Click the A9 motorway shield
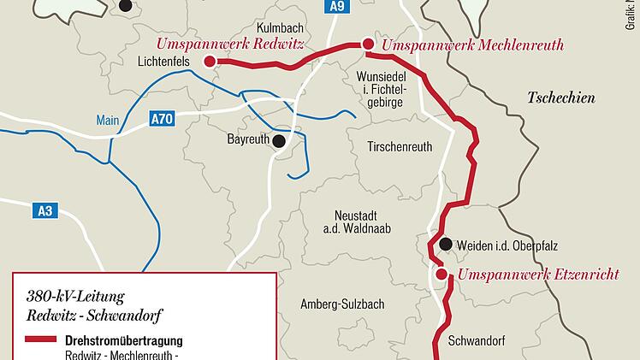click(x=338, y=8)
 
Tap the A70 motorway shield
click(x=162, y=119)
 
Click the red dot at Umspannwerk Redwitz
click(x=210, y=61)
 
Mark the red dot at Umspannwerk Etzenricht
click(x=441, y=274)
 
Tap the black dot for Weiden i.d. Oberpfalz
click(x=445, y=245)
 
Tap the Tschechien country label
click(x=560, y=97)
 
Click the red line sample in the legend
click(x=41, y=340)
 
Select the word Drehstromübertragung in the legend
click(x=124, y=340)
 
